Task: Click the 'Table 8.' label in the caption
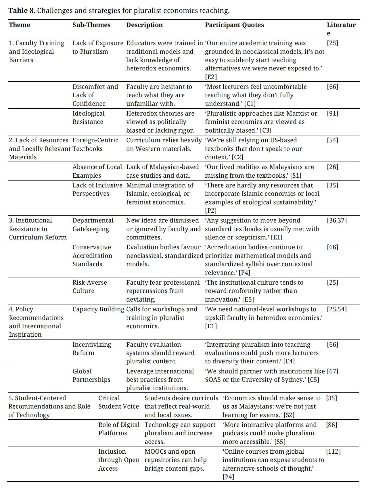pyautogui.click(x=22, y=11)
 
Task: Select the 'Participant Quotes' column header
pyautogui.click(x=234, y=25)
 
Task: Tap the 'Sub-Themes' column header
pyautogui.click(x=91, y=25)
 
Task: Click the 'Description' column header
pyautogui.click(x=144, y=25)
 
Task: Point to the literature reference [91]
pyautogui.click(x=332, y=114)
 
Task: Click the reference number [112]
pyautogui.click(x=333, y=452)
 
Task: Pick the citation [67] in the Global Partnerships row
pyautogui.click(x=332, y=371)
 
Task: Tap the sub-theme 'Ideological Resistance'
pyautogui.click(x=88, y=118)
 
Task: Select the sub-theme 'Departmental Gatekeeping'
pyautogui.click(x=93, y=225)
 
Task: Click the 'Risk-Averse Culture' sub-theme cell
pyautogui.click(x=89, y=287)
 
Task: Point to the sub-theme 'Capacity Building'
pyautogui.click(x=98, y=309)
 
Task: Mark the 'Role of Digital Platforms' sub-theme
pyautogui.click(x=119, y=429)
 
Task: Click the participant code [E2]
pyautogui.click(x=211, y=77)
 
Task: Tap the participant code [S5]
pyautogui.click(x=280, y=442)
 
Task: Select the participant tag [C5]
pyautogui.click(x=313, y=380)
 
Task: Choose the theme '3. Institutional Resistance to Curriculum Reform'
pyautogui.click(x=38, y=229)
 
